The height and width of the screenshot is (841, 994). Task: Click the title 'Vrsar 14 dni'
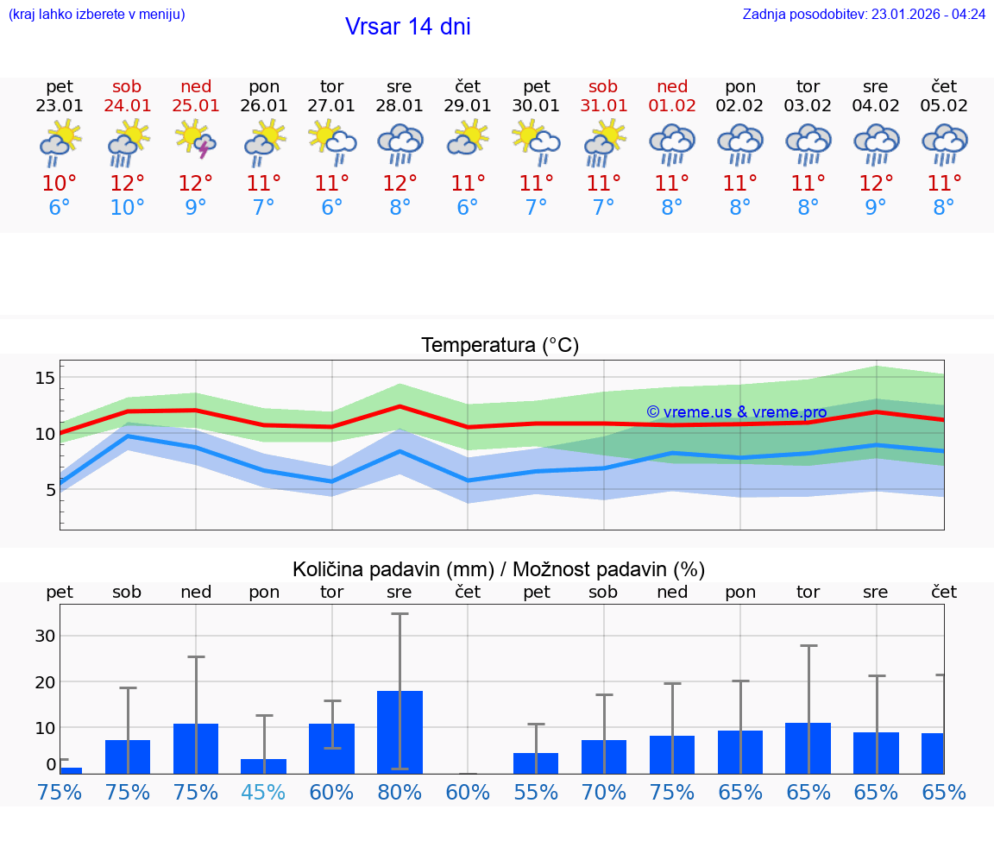coord(407,27)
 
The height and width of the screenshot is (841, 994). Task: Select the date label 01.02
coord(672,106)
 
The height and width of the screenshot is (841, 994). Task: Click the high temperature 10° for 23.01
coord(60,184)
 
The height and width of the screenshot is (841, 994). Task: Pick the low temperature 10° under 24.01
coord(128,208)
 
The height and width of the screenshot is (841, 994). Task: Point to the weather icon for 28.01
coord(399,143)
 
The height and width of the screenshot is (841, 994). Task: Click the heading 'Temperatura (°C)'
coord(500,346)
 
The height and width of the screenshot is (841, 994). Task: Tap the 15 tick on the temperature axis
coord(46,378)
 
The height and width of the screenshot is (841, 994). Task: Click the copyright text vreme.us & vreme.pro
coord(736,412)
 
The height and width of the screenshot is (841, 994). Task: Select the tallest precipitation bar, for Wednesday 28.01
coord(399,731)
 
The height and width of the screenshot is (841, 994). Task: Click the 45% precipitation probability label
coord(264,792)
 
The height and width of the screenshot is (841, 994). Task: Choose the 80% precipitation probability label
coord(399,792)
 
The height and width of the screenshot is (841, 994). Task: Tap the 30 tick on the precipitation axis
coord(44,636)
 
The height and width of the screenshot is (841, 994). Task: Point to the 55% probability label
coord(536,792)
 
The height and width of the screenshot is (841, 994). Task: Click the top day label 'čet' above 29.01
coord(468,86)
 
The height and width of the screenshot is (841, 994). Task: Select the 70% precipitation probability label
coord(604,792)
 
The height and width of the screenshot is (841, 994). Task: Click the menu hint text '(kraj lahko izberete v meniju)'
coord(97,15)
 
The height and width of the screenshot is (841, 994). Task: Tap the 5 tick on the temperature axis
coord(50,490)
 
